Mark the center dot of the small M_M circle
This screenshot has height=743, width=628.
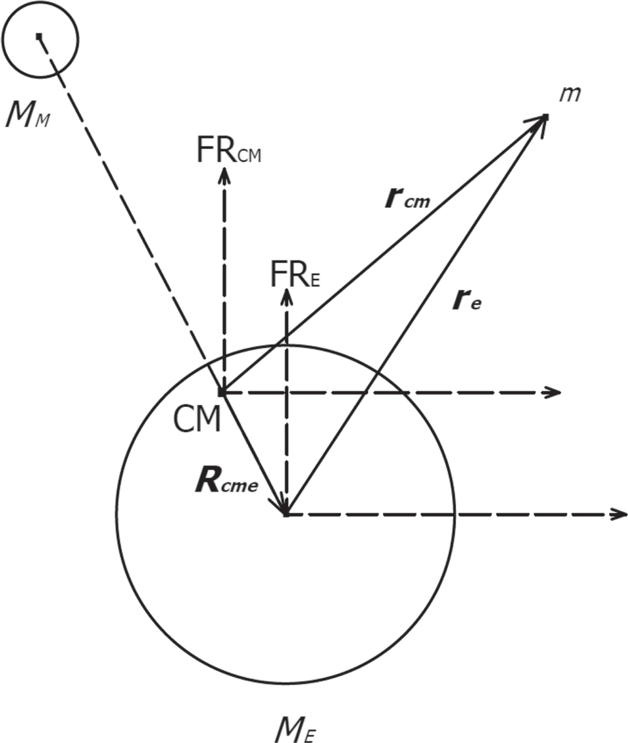click(39, 36)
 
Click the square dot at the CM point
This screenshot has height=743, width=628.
click(222, 393)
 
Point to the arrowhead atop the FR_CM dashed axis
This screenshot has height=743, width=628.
click(224, 174)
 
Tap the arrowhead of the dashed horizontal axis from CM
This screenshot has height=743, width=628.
click(554, 393)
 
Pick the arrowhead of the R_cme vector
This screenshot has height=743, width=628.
click(280, 505)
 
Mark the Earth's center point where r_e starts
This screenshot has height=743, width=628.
click(286, 514)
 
